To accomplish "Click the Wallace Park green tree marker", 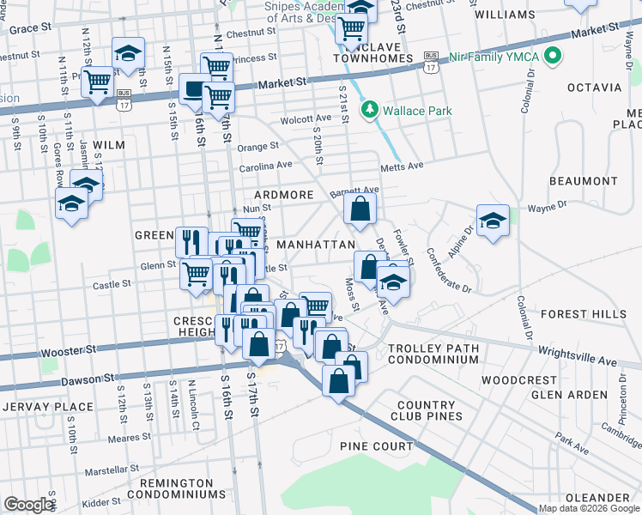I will pos(370,110).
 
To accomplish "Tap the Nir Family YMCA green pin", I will pos(553,58).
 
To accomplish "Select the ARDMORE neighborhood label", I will pos(283,195).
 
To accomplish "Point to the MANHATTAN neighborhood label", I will pos(315,245).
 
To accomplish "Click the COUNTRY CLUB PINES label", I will pos(429,410).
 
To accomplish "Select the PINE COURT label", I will pos(376,446).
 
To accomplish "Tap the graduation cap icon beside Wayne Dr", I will pos(493,221).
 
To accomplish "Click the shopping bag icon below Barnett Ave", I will pos(360,208).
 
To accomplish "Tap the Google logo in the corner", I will pos(27,505).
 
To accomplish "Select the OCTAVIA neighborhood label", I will pos(594,88).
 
